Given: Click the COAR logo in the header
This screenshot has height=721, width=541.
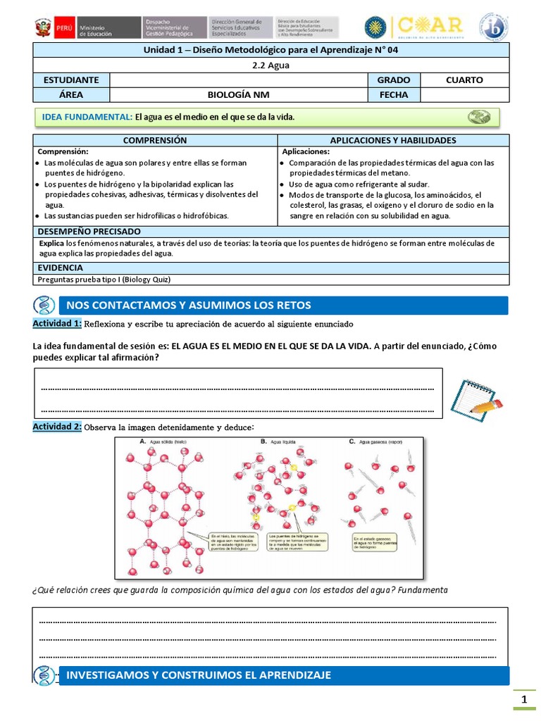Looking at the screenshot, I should pos(430,27).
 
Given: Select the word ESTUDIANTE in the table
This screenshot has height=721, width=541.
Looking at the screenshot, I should pos(71,80).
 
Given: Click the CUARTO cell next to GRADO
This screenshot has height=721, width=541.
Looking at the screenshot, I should pos(464,80).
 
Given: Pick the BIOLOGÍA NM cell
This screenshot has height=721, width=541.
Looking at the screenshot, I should pos(238,95).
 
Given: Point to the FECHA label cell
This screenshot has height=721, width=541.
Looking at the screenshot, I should pos(393,95).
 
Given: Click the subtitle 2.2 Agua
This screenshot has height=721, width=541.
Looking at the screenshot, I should pos(271,65).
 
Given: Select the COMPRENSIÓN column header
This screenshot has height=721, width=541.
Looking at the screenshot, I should pos(155,140).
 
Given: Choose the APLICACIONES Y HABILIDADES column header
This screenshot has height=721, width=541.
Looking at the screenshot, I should pos(393,140).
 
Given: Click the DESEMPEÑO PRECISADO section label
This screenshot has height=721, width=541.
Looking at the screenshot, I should pos(89,232).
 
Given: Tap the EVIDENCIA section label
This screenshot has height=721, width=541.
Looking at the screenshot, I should pos(61,268).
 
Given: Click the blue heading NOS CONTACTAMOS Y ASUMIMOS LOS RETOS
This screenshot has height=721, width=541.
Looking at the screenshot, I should pos(188,305).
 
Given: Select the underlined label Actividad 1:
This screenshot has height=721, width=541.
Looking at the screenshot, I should pos(57,323).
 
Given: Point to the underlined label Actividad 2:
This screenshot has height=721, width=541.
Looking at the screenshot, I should pos(57,427).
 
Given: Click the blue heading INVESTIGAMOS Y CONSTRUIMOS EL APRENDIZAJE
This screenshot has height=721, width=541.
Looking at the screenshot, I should pos(198,675).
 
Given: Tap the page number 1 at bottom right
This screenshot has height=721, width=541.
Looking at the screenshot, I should pos(523,699).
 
